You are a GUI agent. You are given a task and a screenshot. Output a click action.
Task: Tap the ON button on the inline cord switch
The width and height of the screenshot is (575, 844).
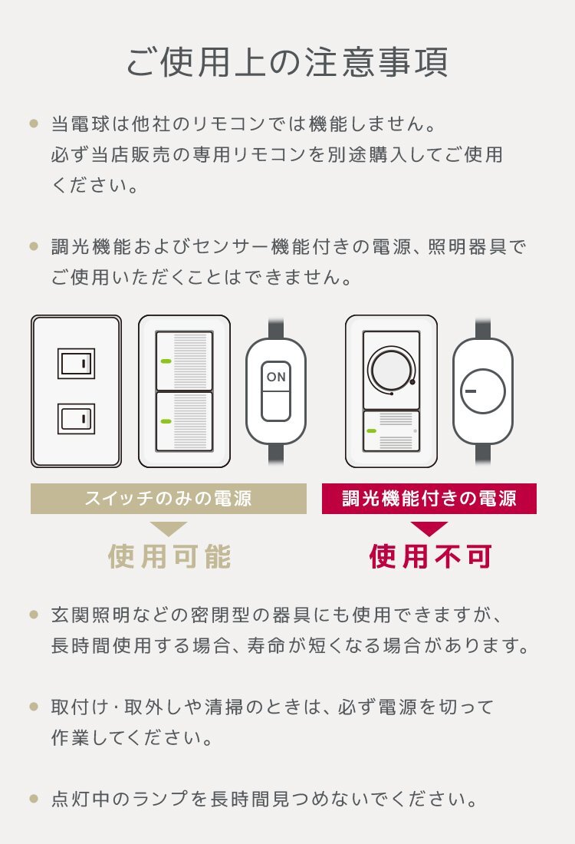(275, 377)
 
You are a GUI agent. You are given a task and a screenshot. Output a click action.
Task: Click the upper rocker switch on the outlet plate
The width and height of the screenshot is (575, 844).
(76, 364)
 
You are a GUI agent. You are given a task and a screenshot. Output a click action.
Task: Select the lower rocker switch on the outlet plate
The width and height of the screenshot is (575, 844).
(76, 418)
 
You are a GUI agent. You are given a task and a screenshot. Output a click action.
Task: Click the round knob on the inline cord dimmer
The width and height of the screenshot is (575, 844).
(482, 391)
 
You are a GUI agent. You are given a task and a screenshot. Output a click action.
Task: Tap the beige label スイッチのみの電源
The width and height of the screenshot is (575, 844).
(169, 499)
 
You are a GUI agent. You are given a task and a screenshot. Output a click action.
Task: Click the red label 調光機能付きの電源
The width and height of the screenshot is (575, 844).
(429, 499)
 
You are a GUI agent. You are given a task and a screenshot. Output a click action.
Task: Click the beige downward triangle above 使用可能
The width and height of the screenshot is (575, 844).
(169, 529)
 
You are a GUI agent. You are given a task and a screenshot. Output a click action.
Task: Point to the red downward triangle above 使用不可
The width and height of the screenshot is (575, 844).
(429, 529)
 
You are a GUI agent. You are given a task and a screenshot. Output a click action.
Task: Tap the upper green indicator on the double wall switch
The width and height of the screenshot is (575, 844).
(165, 361)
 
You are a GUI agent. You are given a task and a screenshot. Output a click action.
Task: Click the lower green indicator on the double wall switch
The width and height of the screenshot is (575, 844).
(165, 420)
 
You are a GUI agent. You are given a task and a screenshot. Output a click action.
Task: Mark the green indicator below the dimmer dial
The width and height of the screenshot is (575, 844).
(372, 430)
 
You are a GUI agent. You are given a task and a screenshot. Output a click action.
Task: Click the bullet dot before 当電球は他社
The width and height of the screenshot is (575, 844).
(33, 123)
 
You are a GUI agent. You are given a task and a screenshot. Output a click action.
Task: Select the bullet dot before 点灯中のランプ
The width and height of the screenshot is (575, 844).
(33, 799)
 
